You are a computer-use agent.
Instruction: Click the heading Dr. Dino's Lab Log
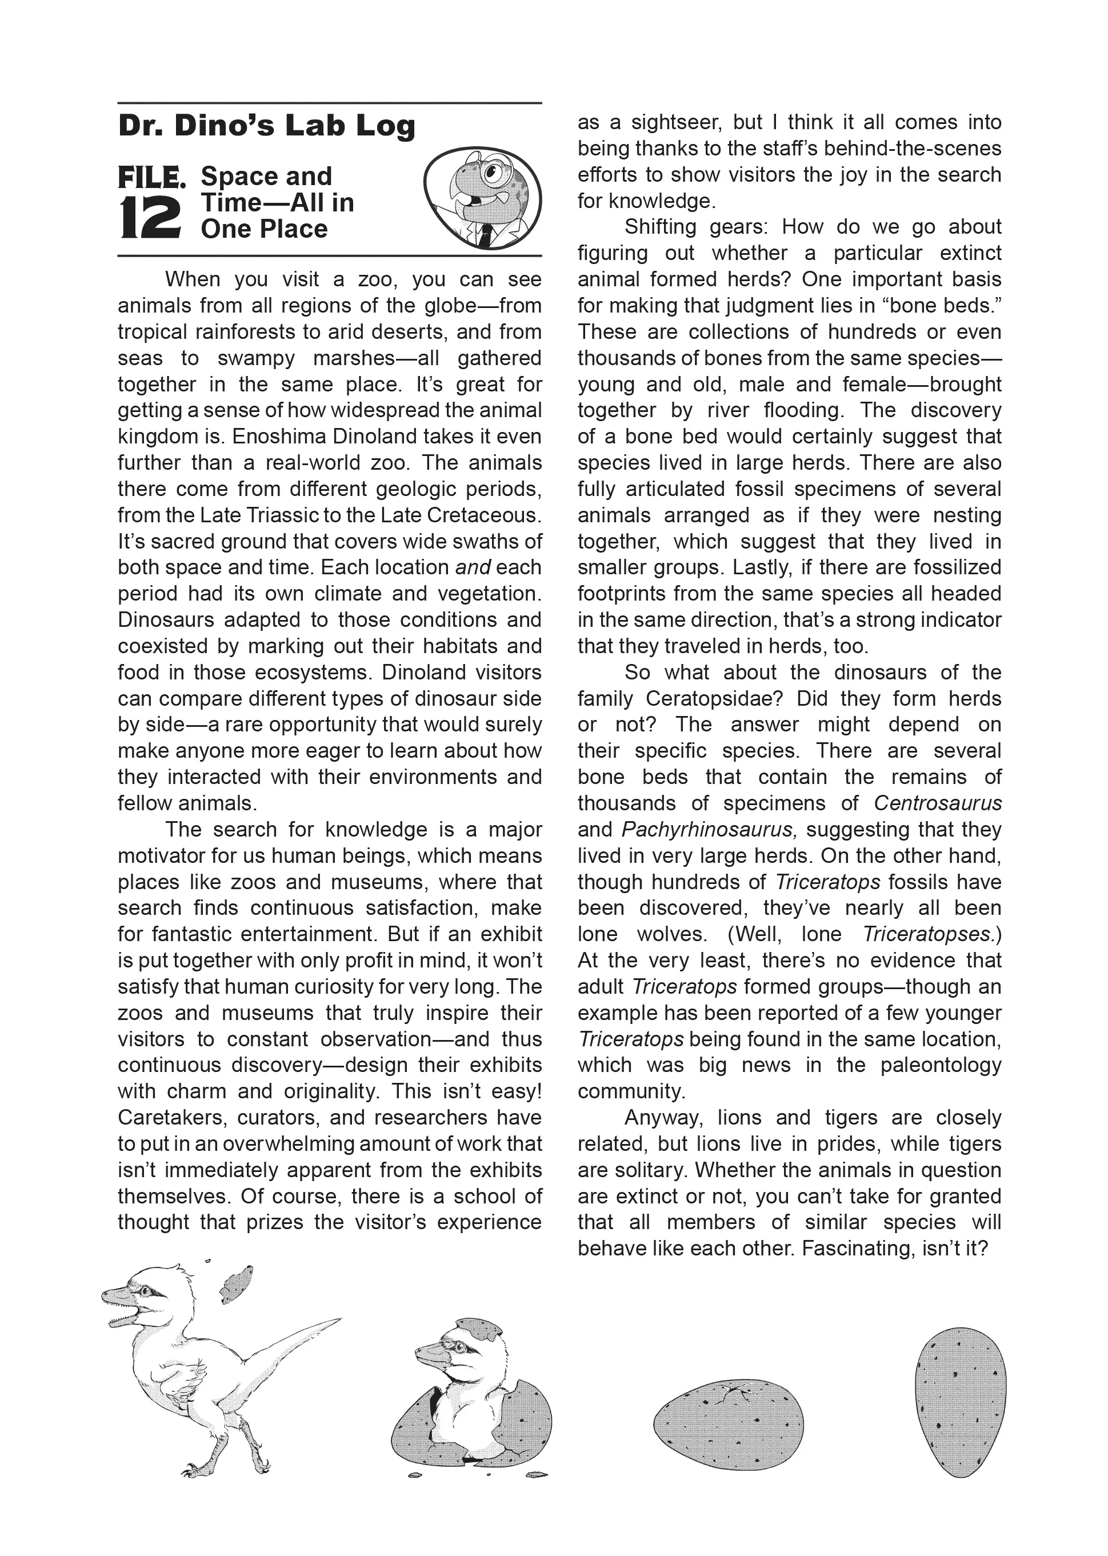pyautogui.click(x=267, y=126)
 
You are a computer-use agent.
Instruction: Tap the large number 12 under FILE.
pyautogui.click(x=150, y=218)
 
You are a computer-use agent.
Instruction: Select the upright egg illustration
pyautogui.click(x=960, y=1402)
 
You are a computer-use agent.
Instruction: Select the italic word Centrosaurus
pyautogui.click(x=938, y=803)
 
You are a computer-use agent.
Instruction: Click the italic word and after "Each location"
pyautogui.click(x=473, y=567)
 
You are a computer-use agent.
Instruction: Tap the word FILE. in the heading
pyautogui.click(x=151, y=178)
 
